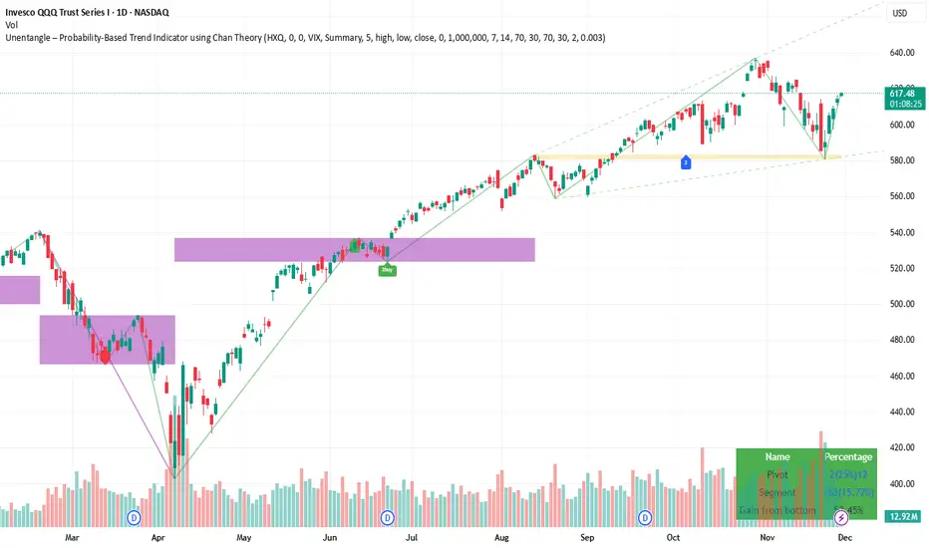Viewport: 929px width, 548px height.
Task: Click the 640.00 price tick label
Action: point(902,53)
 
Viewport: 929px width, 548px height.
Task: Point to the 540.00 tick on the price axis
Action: point(902,232)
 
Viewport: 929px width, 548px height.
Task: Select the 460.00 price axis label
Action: point(902,376)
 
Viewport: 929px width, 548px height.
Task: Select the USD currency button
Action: point(899,13)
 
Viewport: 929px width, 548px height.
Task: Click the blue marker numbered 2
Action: point(686,161)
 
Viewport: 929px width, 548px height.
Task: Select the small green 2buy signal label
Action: point(387,269)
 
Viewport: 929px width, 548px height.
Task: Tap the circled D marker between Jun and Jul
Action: point(388,518)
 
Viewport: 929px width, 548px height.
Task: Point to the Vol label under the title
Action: point(12,24)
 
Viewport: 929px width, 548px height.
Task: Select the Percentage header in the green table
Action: point(847,456)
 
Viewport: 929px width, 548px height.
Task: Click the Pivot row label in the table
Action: point(778,474)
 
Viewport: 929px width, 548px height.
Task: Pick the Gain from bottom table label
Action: point(777,510)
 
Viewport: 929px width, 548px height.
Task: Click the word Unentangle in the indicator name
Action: point(34,37)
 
